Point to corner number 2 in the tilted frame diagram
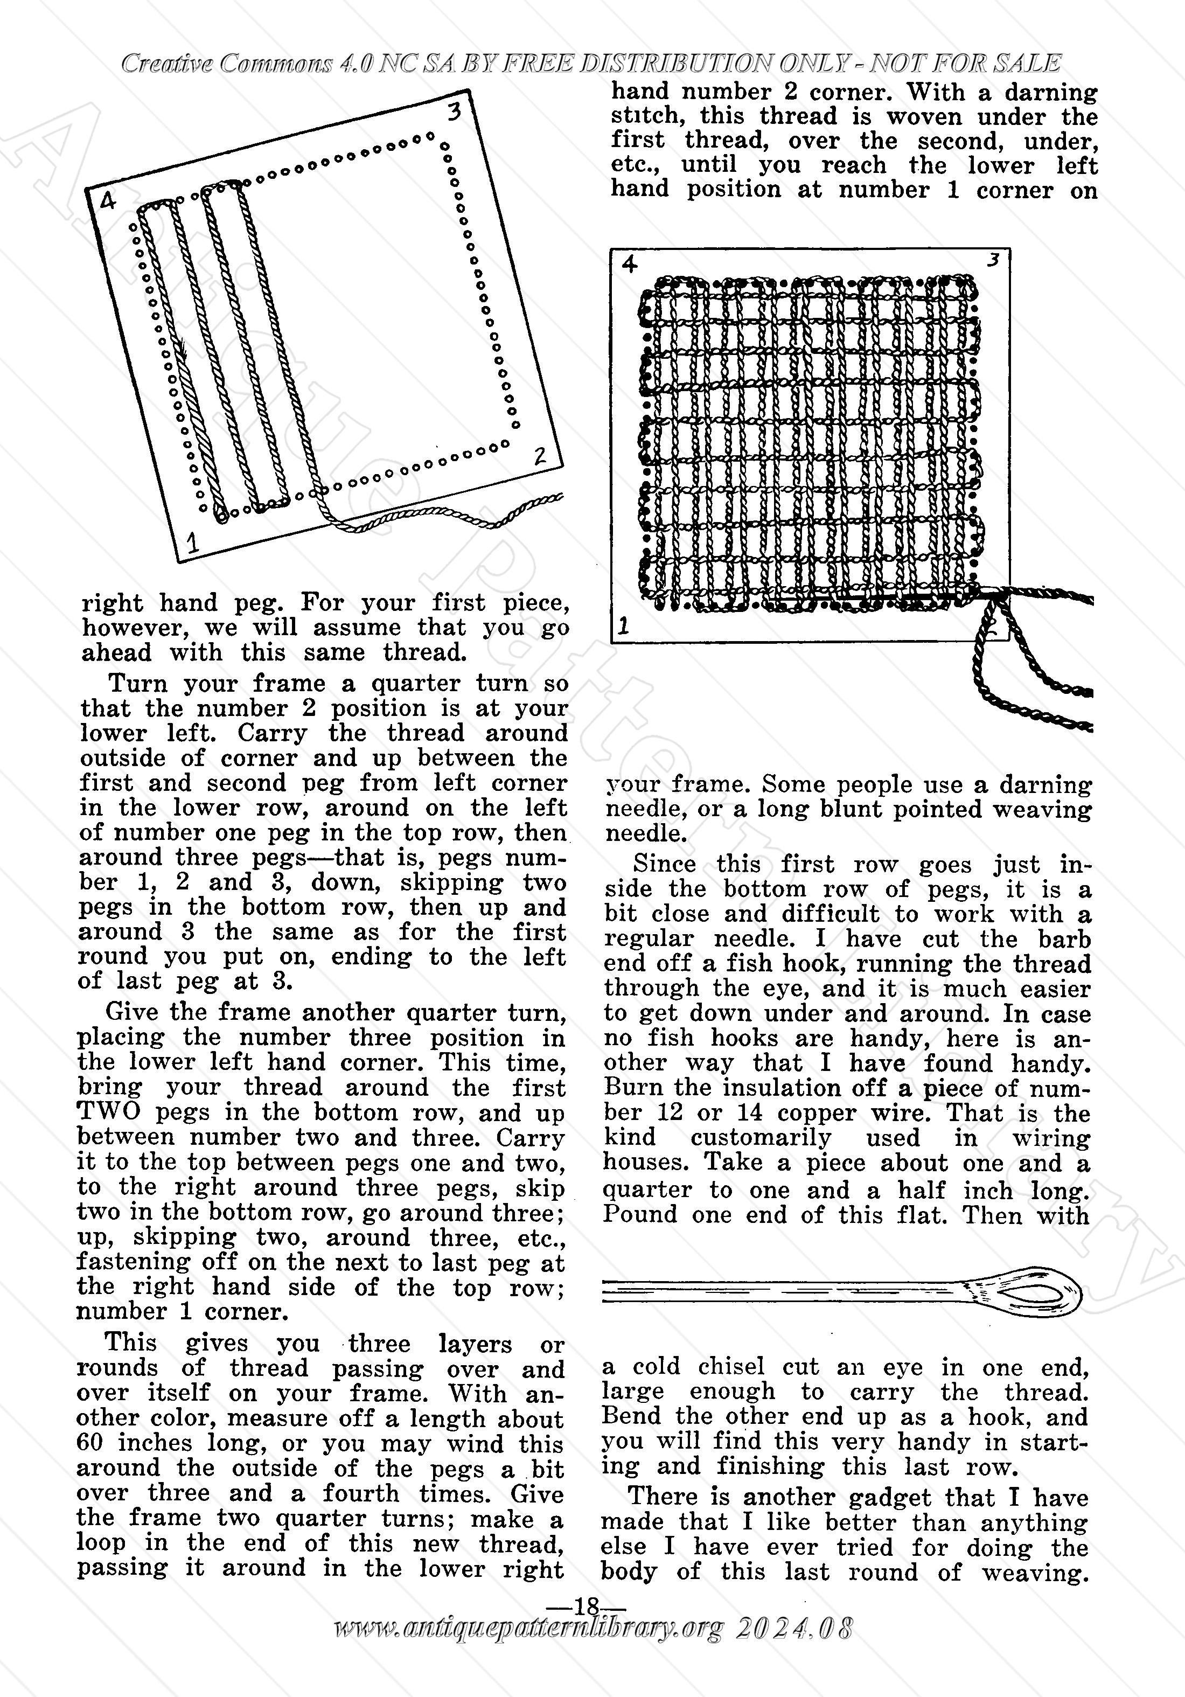540,455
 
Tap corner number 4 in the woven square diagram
630,265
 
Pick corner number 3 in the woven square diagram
994,260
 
